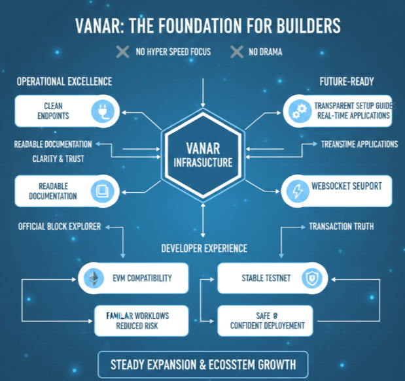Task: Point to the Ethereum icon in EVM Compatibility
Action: coord(94,278)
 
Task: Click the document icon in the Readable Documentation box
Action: coord(103,191)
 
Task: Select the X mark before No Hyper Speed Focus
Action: coord(122,52)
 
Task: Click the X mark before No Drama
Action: coord(237,52)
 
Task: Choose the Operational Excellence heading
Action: coord(64,81)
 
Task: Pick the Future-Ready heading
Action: coord(346,81)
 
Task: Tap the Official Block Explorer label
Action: coord(59,227)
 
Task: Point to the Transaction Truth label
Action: coord(341,227)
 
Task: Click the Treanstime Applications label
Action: coord(359,144)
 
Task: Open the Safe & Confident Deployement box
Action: coord(265,320)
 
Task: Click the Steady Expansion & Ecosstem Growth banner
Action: coord(202,363)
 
